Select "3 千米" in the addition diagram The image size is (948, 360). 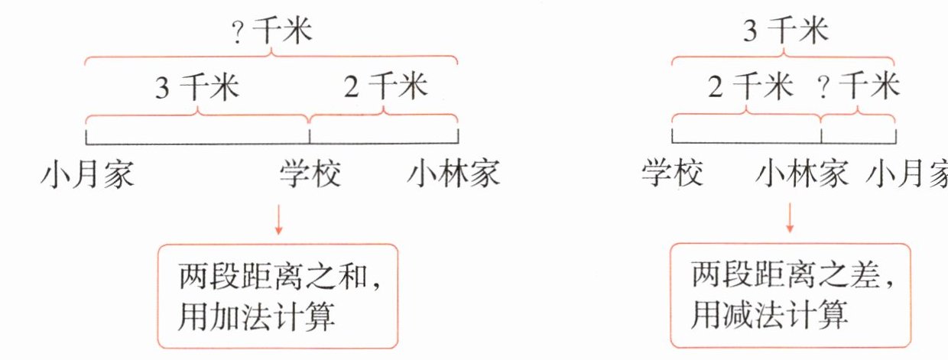click(x=197, y=88)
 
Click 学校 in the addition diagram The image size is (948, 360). click(x=309, y=175)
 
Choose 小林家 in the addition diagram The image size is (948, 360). click(x=453, y=175)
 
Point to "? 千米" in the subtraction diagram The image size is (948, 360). click(x=859, y=88)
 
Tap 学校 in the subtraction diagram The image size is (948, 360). click(x=670, y=175)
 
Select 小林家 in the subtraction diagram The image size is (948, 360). click(x=802, y=175)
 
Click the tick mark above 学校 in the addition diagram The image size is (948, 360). click(x=309, y=135)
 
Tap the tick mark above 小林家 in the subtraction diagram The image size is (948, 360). click(x=821, y=135)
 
